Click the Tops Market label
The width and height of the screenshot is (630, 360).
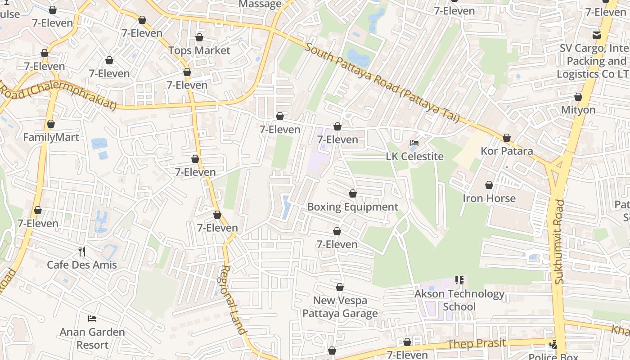199,50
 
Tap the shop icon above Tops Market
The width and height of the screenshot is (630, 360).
199,37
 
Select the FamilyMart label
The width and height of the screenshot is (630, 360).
51,137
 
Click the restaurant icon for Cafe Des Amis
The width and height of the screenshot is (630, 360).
82,251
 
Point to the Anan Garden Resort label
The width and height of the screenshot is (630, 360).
92,338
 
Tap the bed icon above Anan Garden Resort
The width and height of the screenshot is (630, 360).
92,319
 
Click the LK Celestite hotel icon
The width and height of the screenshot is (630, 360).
414,143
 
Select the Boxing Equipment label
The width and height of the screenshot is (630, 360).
352,207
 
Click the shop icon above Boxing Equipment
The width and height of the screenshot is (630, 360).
353,193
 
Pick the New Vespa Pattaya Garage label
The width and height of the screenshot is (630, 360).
340,307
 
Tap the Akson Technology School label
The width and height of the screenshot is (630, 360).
459,300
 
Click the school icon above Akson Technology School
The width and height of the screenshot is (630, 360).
459,280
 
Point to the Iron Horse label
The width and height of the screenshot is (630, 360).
489,198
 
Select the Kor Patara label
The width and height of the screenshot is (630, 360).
507,151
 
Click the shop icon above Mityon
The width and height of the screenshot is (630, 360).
578,97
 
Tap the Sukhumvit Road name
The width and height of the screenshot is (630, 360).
559,242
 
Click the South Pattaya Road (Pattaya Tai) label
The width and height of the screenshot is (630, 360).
382,83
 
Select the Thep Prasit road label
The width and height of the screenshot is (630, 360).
477,344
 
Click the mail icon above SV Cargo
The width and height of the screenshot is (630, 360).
597,35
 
